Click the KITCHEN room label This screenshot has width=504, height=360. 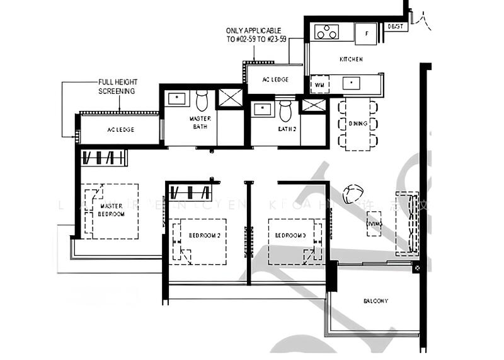coord(351,59)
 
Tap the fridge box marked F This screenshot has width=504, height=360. coord(365,33)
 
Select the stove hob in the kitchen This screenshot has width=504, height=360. coord(326,32)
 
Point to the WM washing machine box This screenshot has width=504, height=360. coord(319,84)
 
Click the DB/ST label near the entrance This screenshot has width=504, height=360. coord(396,26)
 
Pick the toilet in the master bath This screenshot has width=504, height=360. coord(202,101)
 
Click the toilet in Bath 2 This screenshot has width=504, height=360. coord(285,111)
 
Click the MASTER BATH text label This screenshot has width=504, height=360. coord(200,122)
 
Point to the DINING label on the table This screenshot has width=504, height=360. coord(357,124)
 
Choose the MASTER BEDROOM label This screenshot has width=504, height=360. coord(111,210)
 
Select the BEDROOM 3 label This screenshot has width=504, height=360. coord(291,236)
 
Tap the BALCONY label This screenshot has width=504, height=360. coord(375,301)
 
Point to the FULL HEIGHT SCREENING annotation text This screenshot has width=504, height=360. coord(117,86)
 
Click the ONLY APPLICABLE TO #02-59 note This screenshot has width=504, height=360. coord(254,34)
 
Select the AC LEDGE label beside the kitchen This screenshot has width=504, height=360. coord(276,79)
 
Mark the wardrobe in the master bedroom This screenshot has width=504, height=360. coord(105,158)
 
